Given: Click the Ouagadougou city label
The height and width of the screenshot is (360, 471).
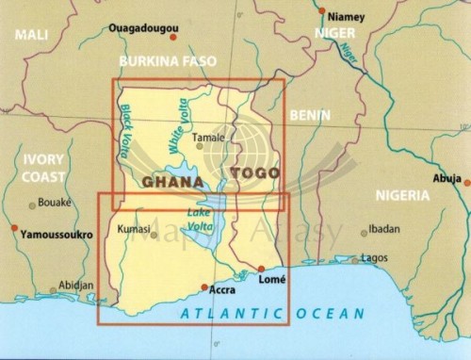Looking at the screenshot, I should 141,28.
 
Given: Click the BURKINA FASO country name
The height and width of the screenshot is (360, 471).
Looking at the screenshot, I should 168,61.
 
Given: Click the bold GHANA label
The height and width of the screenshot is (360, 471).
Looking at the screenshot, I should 172,181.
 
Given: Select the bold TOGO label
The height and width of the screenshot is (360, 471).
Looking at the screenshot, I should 255,173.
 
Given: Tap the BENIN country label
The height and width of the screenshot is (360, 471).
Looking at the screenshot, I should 311,116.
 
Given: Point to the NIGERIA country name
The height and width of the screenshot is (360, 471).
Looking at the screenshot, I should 402,196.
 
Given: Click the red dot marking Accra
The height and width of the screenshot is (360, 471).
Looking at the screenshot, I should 205,287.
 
